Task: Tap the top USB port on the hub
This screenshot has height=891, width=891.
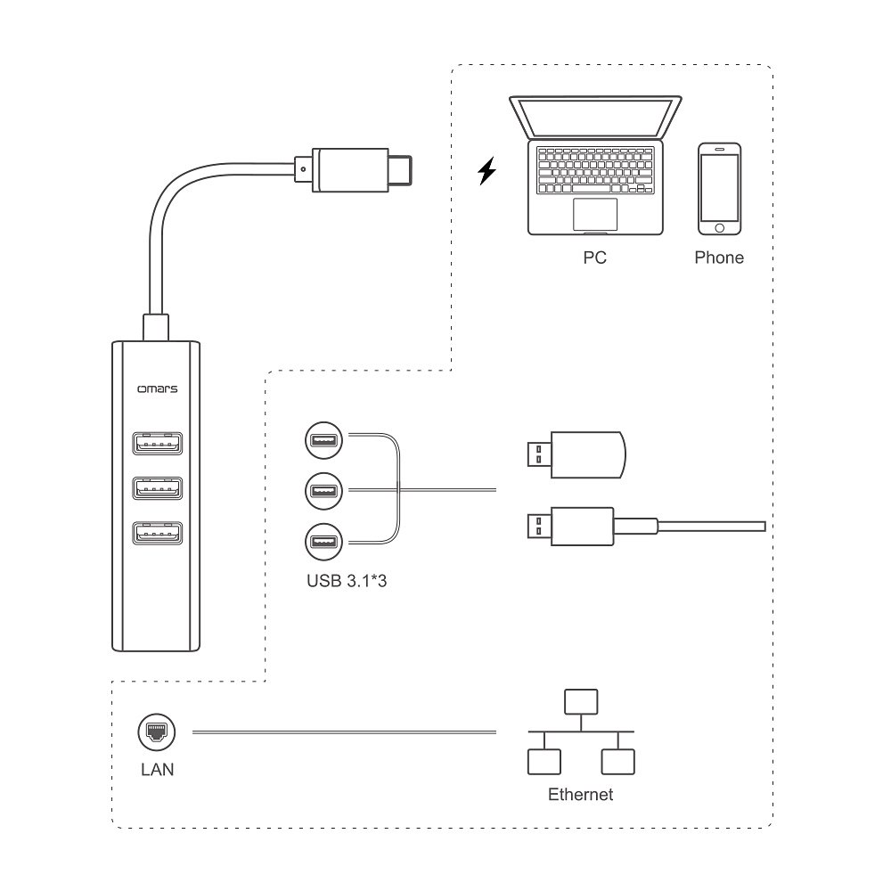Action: [x=157, y=442]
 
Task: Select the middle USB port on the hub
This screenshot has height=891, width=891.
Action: [x=157, y=488]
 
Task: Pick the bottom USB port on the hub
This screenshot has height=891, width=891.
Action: [x=157, y=534]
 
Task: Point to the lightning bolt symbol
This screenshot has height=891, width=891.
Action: [x=486, y=170]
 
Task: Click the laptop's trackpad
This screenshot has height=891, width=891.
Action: [x=595, y=214]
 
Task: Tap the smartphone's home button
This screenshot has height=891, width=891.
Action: [x=719, y=228]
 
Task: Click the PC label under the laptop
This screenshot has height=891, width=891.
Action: [x=594, y=258]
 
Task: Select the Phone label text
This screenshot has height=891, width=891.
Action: [x=719, y=258]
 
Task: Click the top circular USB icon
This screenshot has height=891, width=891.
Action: [x=323, y=438]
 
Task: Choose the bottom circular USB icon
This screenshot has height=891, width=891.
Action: [x=323, y=541]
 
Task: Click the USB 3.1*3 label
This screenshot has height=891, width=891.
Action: [x=347, y=581]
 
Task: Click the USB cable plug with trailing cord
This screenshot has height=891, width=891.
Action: [x=570, y=526]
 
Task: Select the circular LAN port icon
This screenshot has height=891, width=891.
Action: [x=157, y=732]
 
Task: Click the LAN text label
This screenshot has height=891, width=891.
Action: [x=157, y=769]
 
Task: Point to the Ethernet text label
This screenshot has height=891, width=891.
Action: [x=581, y=794]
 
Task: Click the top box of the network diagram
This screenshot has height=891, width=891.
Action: [x=581, y=700]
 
